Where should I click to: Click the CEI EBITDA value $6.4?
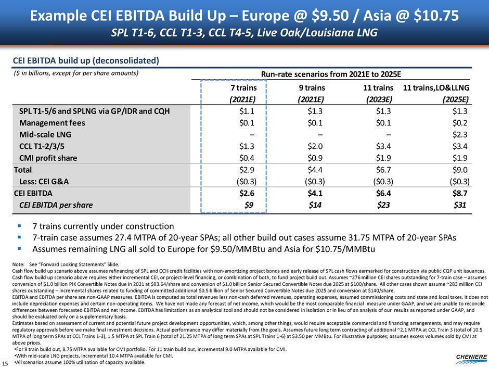click(x=383, y=193)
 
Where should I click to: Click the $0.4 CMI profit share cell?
click(x=246, y=158)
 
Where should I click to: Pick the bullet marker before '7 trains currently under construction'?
click(x=19, y=226)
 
